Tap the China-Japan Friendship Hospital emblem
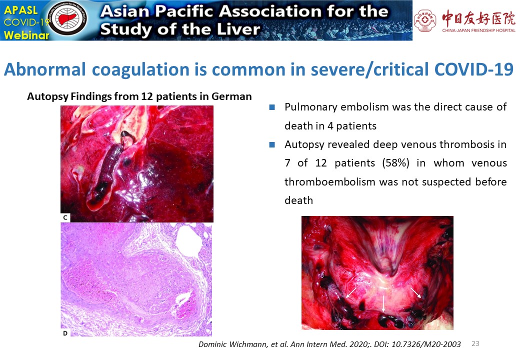point(425,20)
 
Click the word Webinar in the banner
point(26,35)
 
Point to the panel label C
point(65,217)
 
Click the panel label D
point(65,333)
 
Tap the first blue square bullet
point(272,107)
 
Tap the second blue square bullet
point(272,144)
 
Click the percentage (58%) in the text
point(395,163)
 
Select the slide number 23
point(475,343)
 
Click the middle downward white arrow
point(383,303)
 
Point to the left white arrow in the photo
point(351,293)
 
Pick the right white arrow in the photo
point(415,293)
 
